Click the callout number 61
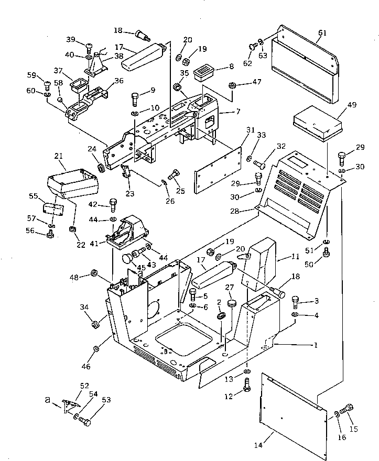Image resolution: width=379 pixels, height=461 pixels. (322, 33)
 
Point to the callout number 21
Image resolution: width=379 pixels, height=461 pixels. (58, 157)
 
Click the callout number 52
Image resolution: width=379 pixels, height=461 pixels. (84, 385)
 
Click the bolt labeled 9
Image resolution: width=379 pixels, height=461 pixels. (135, 98)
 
